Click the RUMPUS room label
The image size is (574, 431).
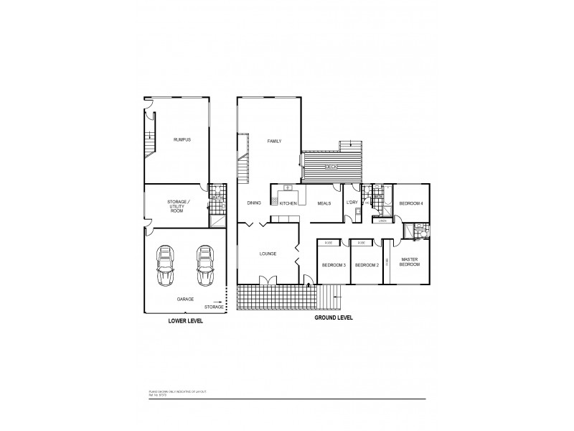182,139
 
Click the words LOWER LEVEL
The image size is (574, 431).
185,321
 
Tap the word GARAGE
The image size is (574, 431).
185,299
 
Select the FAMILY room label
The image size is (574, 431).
274,141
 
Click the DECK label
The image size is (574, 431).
331,167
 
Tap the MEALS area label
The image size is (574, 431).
324,203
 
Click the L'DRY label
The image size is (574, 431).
352,203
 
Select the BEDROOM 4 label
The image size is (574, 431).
411,203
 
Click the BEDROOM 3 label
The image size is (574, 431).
334,265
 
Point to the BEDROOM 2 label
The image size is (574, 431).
367,265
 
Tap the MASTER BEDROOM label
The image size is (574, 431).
410,262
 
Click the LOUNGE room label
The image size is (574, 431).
267,254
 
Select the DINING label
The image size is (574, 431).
254,203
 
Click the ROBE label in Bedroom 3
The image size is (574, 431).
329,243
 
